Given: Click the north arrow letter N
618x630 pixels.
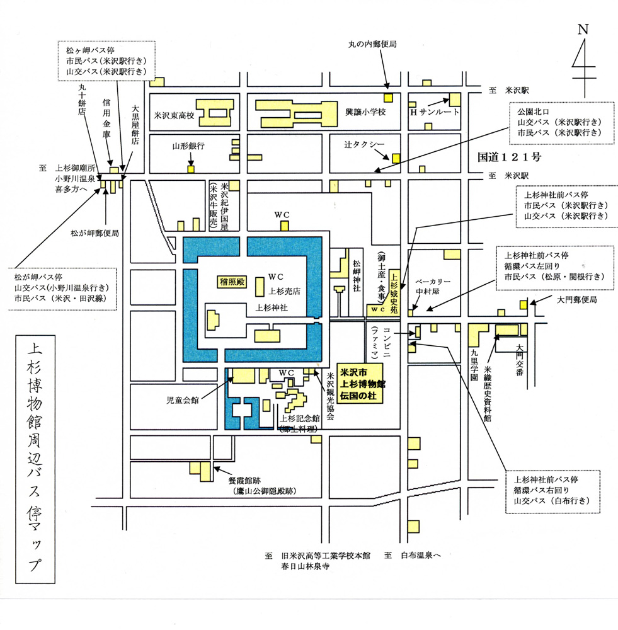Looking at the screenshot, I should click(583, 29).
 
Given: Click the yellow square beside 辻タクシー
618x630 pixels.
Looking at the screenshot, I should click(396, 158).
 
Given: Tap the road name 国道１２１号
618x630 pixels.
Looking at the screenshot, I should click(510, 154).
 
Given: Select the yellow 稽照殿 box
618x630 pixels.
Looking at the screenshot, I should click(231, 280).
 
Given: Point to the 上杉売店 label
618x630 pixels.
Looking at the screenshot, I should click(285, 291).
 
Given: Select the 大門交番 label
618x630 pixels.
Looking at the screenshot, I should click(519, 357).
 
